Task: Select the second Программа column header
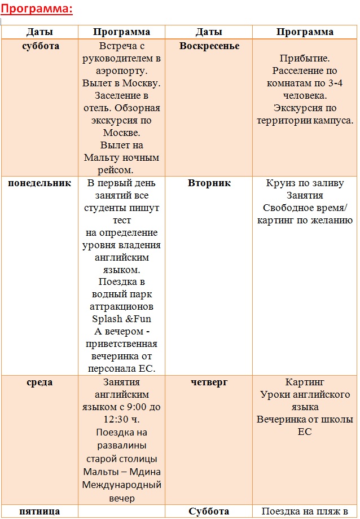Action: (305, 32)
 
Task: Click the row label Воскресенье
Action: (209, 46)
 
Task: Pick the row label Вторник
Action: (209, 183)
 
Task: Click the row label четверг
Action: (209, 382)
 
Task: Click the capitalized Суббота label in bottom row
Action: (209, 512)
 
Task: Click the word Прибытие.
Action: (305, 59)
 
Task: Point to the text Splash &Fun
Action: (122, 319)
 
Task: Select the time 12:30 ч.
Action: (122, 420)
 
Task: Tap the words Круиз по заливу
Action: (305, 183)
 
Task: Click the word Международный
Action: (122, 485)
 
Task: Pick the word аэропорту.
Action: (122, 71)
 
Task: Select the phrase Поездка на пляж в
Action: (305, 512)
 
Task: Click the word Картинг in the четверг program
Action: (305, 382)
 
